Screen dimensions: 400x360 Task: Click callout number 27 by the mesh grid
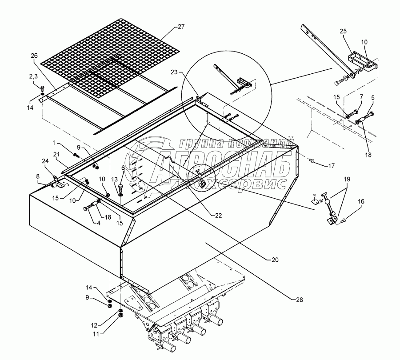(180, 27)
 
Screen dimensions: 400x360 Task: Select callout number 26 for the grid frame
(34, 56)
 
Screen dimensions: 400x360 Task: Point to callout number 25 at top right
(343, 31)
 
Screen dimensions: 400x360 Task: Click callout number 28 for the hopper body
(300, 300)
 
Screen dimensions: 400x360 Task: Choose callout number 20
(275, 260)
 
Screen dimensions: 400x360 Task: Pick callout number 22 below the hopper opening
(218, 216)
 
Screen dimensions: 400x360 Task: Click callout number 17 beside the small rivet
(331, 166)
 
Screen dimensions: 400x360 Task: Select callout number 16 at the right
(361, 202)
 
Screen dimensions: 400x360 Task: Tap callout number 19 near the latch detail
(347, 179)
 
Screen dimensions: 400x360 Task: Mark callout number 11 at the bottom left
(96, 333)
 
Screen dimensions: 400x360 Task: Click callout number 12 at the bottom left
(94, 325)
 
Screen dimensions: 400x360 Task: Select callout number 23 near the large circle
(174, 72)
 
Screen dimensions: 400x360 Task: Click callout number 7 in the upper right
(361, 97)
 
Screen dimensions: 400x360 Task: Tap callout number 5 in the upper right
(373, 97)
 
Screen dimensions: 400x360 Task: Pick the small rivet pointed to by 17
(311, 160)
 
